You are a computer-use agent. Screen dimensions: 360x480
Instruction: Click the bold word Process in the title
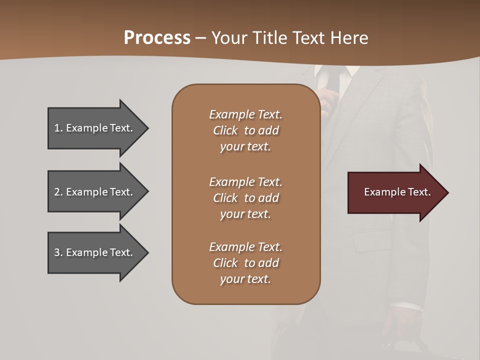157,38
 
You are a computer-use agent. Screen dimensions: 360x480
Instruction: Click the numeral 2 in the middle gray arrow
56,192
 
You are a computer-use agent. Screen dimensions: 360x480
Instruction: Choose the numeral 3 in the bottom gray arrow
56,252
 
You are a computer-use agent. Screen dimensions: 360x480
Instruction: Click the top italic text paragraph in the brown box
245,130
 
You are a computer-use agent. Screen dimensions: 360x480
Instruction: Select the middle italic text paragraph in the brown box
245,198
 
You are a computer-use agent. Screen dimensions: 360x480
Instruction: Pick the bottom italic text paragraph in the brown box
245,263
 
